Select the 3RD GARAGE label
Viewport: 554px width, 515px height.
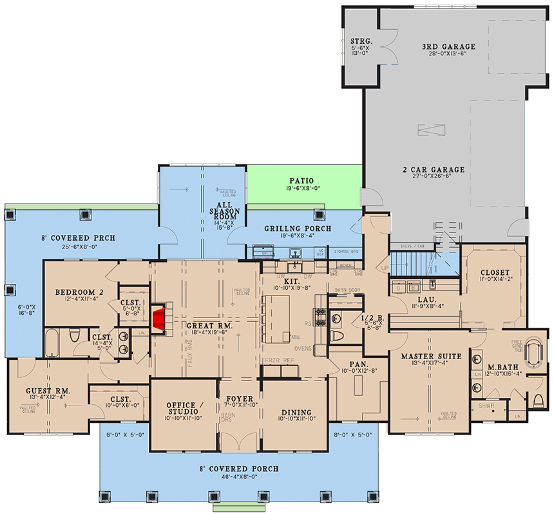pos(448,46)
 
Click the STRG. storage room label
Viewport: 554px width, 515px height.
pos(358,41)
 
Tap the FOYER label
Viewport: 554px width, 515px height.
pos(238,399)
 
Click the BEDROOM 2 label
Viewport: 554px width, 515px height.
pos(76,292)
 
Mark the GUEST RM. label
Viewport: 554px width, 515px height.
pos(48,391)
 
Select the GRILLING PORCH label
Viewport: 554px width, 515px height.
pos(298,229)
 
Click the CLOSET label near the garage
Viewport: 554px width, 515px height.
pos(495,272)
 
